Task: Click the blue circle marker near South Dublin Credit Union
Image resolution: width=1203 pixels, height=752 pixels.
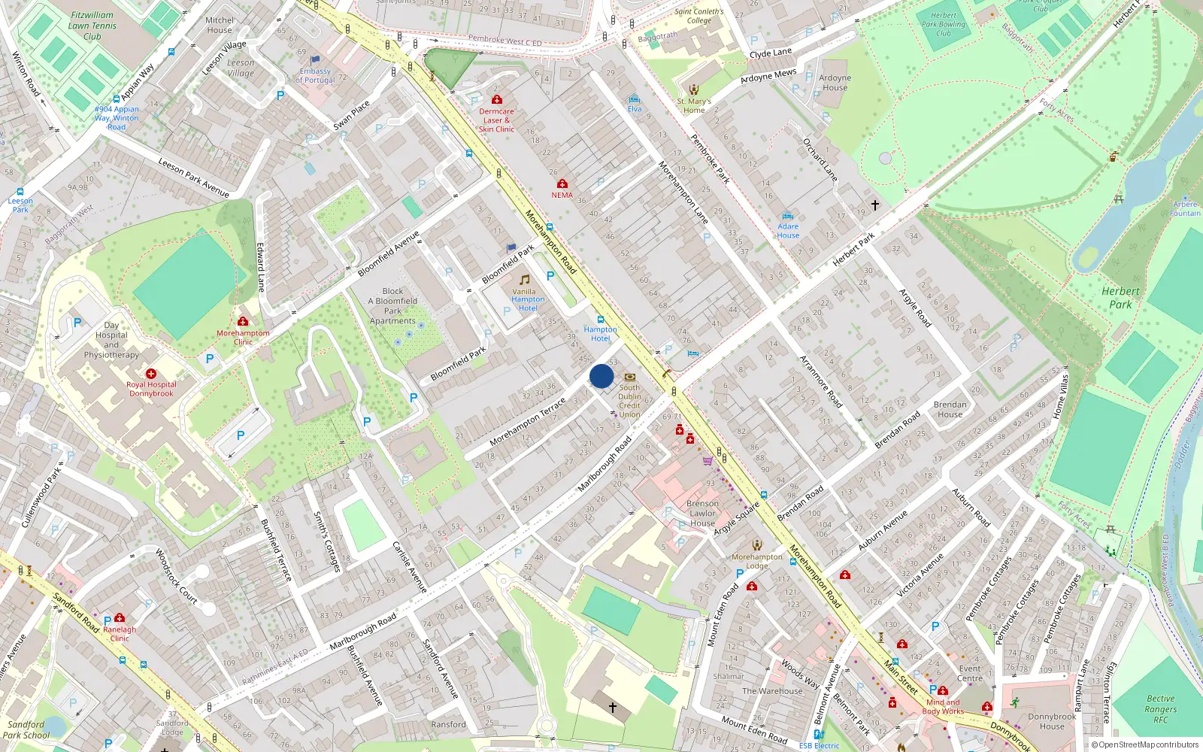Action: tap(601, 376)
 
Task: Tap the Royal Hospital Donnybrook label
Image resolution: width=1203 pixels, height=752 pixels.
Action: tap(151, 389)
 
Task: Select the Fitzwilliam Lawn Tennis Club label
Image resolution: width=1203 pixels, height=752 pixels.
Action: tap(92, 26)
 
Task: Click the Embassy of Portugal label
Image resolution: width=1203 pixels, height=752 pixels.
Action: tap(315, 75)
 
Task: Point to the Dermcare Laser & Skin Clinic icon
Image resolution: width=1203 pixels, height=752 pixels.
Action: tap(496, 99)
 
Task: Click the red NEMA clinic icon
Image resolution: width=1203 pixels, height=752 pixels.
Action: tap(562, 183)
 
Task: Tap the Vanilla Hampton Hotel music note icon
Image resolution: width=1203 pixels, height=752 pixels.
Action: tap(525, 280)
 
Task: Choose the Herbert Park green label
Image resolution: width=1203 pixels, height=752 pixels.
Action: tap(1120, 298)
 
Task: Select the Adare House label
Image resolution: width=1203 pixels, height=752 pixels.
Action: tap(788, 231)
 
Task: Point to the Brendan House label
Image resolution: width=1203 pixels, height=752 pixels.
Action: tap(950, 409)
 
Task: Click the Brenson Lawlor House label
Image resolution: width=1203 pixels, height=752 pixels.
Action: tap(702, 514)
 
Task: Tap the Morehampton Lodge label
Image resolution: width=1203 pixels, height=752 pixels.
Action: tap(757, 561)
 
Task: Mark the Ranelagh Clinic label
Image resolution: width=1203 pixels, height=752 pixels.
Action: tap(120, 634)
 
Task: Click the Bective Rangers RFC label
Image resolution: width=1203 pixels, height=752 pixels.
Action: tap(1160, 709)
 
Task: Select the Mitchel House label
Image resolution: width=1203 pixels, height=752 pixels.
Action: tap(220, 26)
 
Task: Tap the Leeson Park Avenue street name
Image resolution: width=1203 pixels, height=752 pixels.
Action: tap(193, 177)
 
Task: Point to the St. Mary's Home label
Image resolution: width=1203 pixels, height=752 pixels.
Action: tap(694, 105)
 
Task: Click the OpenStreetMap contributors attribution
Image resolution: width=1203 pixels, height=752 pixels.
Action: tap(1144, 744)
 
